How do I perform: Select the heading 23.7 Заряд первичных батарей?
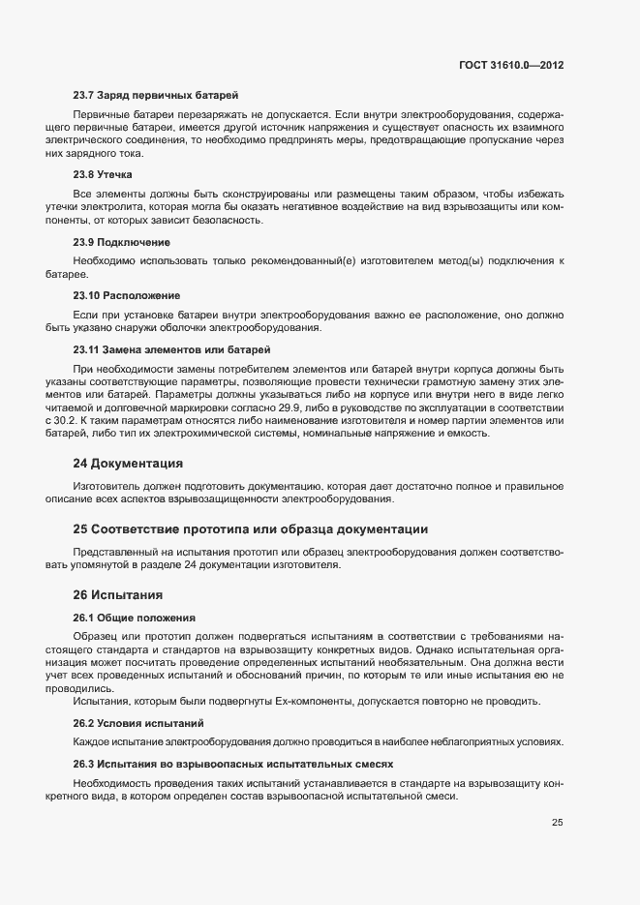click(x=155, y=95)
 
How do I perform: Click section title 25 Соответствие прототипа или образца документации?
click(x=251, y=528)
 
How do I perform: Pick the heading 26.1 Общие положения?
click(x=135, y=617)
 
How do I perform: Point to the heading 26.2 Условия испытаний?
click(x=138, y=723)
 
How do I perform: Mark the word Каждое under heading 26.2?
click(x=96, y=741)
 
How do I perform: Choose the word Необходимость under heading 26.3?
click(x=120, y=782)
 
